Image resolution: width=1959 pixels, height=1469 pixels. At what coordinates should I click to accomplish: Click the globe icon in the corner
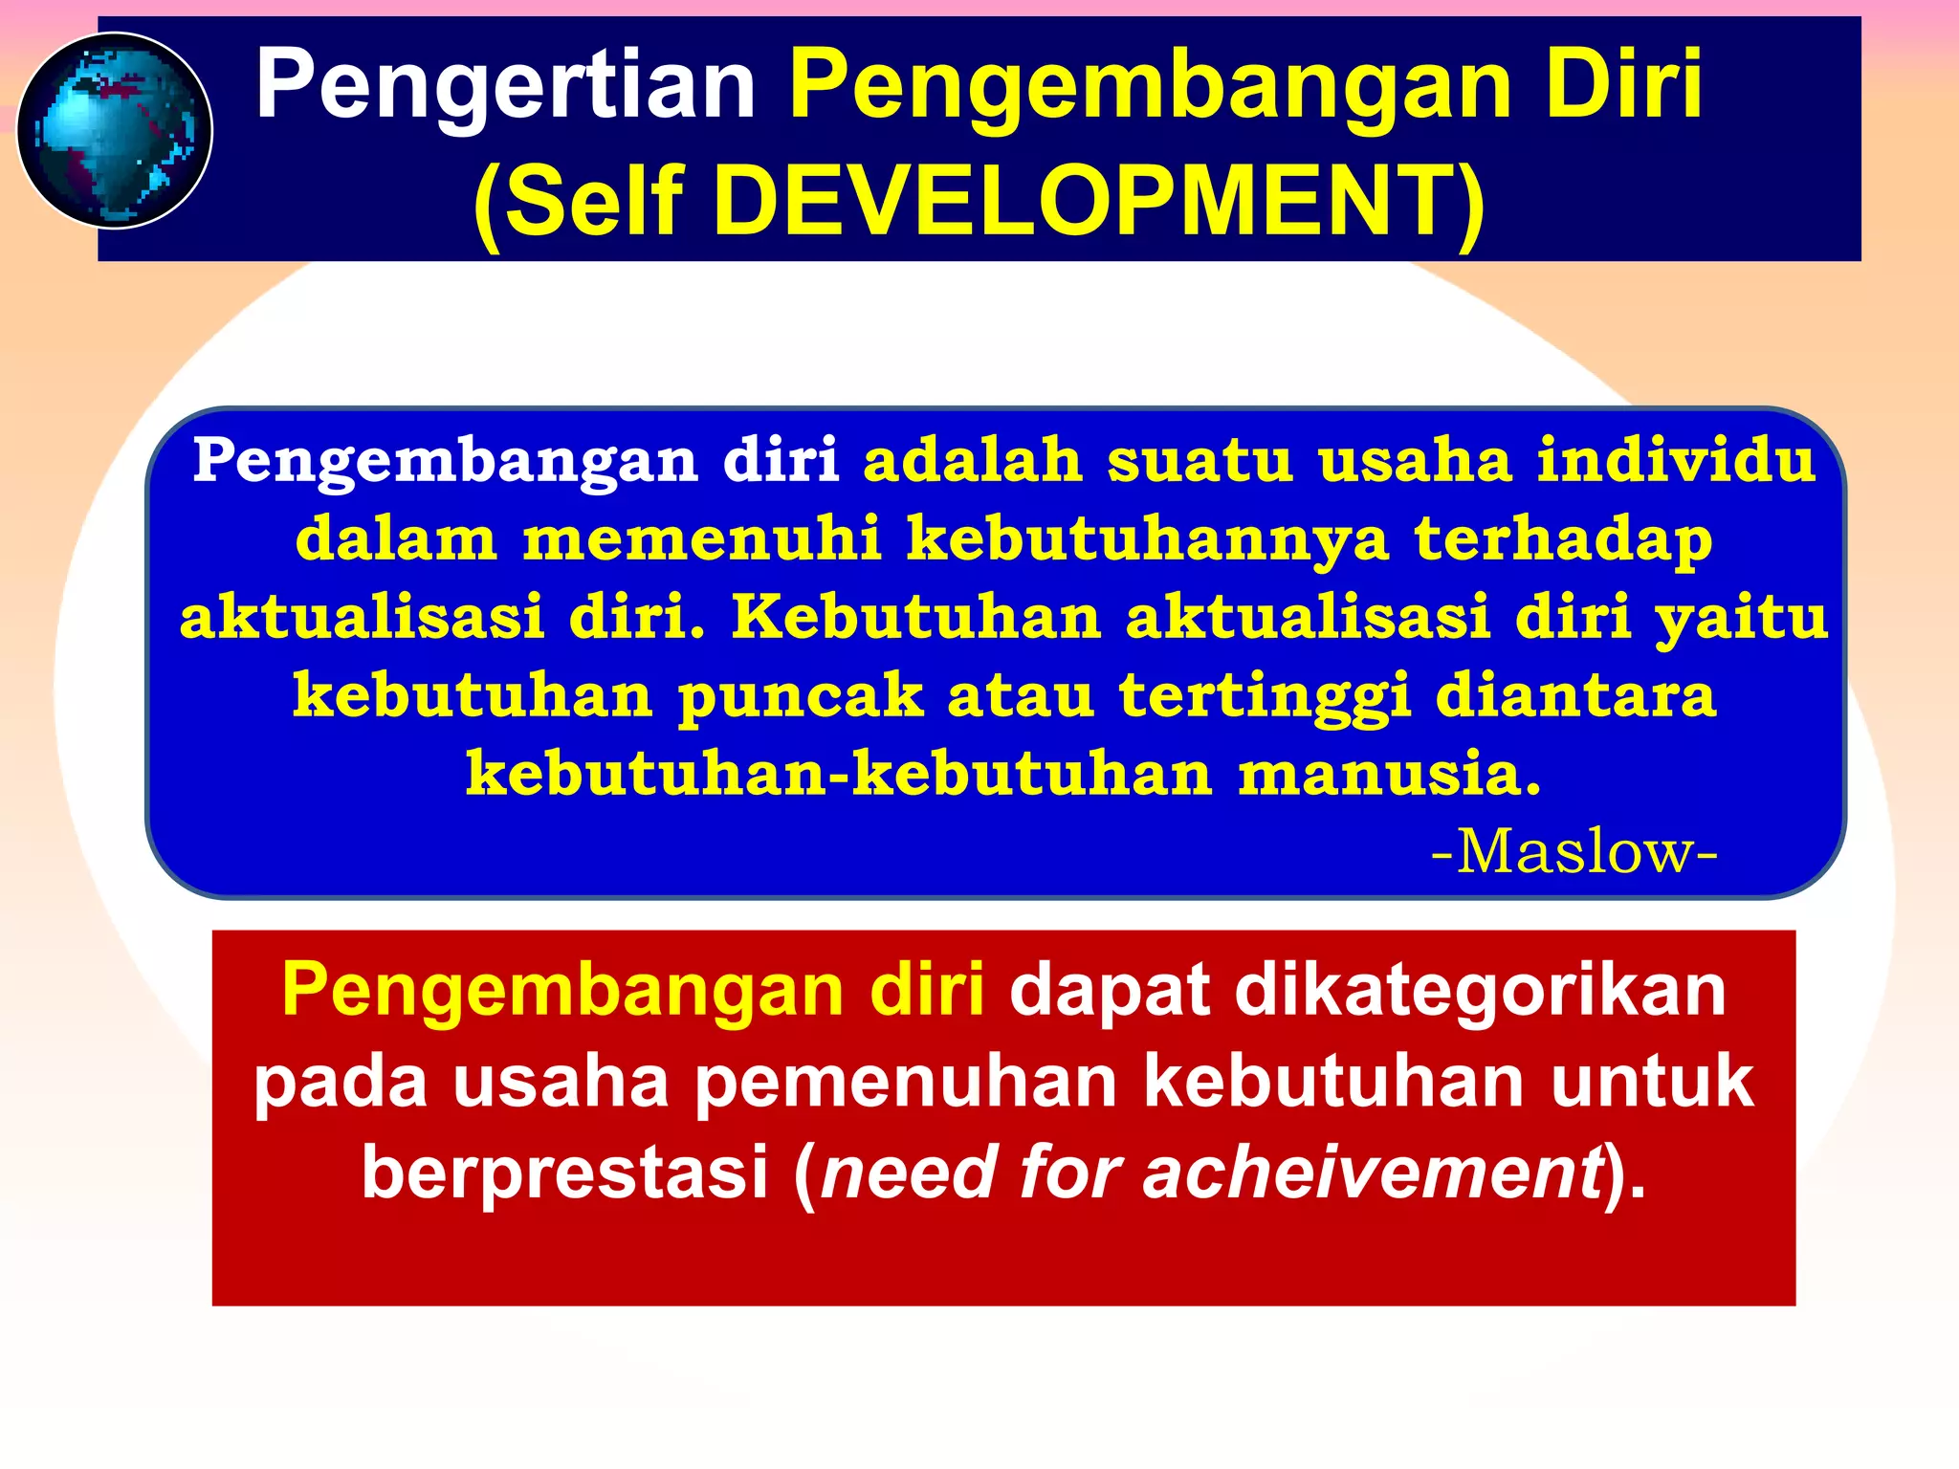pyautogui.click(x=115, y=131)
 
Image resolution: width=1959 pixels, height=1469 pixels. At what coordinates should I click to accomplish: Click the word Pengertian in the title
pyautogui.click(x=506, y=86)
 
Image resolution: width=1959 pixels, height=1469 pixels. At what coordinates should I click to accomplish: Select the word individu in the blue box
pyautogui.click(x=1676, y=460)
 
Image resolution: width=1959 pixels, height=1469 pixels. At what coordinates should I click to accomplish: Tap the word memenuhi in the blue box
pyautogui.click(x=702, y=538)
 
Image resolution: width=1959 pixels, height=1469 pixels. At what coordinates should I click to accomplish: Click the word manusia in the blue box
pyautogui.click(x=1389, y=774)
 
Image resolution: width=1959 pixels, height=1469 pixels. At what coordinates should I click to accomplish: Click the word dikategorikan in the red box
pyautogui.click(x=1481, y=991)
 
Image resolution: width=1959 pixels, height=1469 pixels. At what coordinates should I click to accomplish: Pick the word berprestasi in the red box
pyautogui.click(x=565, y=1173)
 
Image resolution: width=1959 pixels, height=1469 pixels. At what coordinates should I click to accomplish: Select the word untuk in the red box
pyautogui.click(x=1652, y=1081)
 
